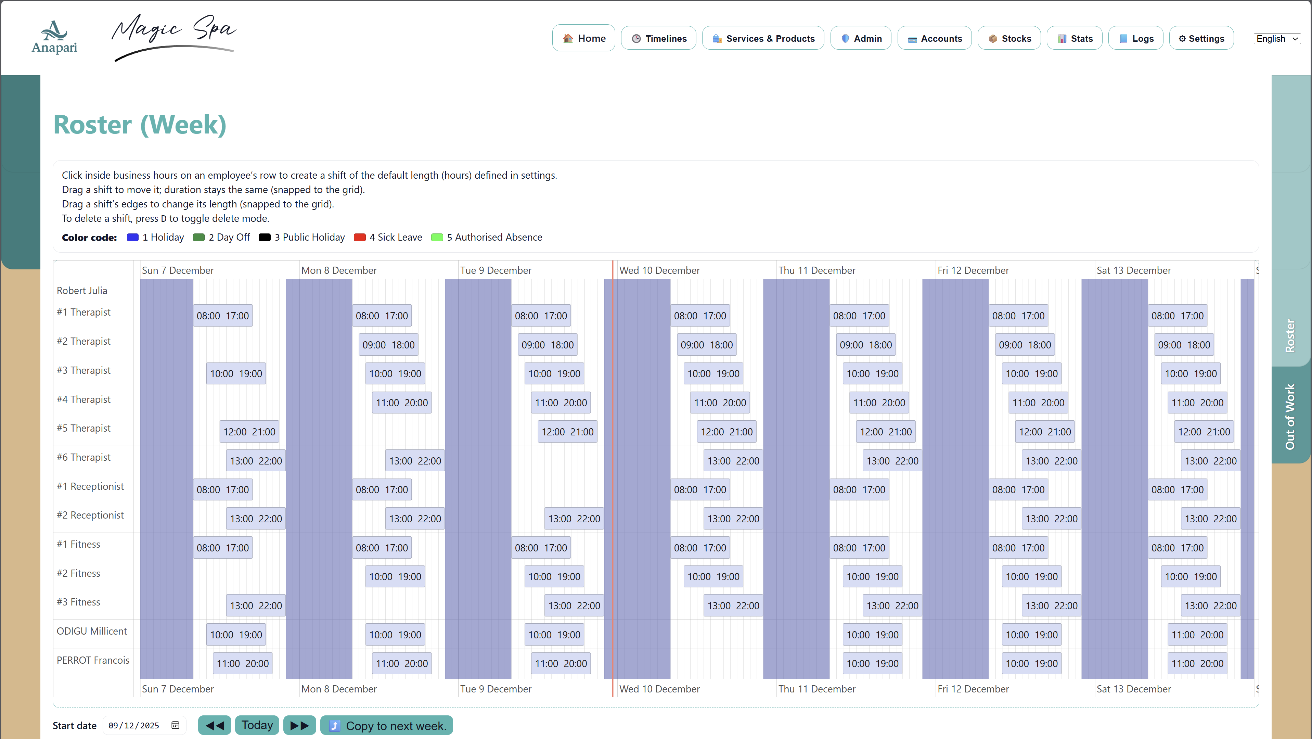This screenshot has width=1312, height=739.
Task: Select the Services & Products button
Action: (x=763, y=38)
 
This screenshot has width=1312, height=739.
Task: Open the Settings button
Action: (x=1201, y=38)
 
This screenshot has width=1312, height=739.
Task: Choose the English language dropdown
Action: (x=1277, y=39)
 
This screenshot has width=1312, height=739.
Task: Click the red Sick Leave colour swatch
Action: (x=360, y=237)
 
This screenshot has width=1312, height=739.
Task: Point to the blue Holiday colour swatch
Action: (x=132, y=237)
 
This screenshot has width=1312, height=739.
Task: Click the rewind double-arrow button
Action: (x=215, y=725)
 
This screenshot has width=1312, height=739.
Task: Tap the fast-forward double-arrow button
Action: (x=299, y=725)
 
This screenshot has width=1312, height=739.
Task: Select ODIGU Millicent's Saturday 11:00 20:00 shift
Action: (x=1197, y=635)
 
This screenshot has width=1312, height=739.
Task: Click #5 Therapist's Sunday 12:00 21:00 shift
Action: (x=249, y=432)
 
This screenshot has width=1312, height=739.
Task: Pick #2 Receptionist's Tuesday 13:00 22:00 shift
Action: (x=574, y=519)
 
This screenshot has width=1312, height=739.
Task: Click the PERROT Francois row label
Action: (x=93, y=660)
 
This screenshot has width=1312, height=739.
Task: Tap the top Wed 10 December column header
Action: (x=659, y=270)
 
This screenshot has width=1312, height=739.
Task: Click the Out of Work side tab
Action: (x=1290, y=416)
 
